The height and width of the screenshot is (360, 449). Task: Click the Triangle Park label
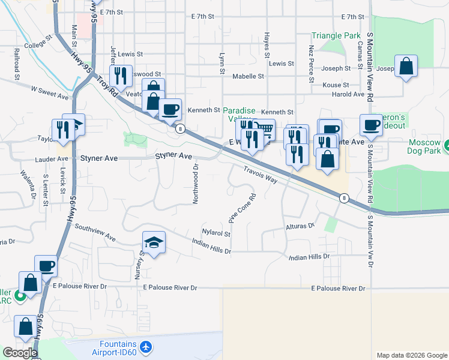coord(336,36)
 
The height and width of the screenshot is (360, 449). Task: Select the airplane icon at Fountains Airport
coord(145,347)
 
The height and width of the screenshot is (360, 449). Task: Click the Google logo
coord(20,353)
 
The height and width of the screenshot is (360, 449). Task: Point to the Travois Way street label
coord(261,175)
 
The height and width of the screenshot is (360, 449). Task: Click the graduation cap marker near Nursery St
coord(154,243)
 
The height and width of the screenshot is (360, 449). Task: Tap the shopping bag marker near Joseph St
coord(406,67)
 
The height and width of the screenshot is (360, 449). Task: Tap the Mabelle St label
coord(248,76)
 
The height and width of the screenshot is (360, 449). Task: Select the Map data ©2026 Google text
coord(411,355)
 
